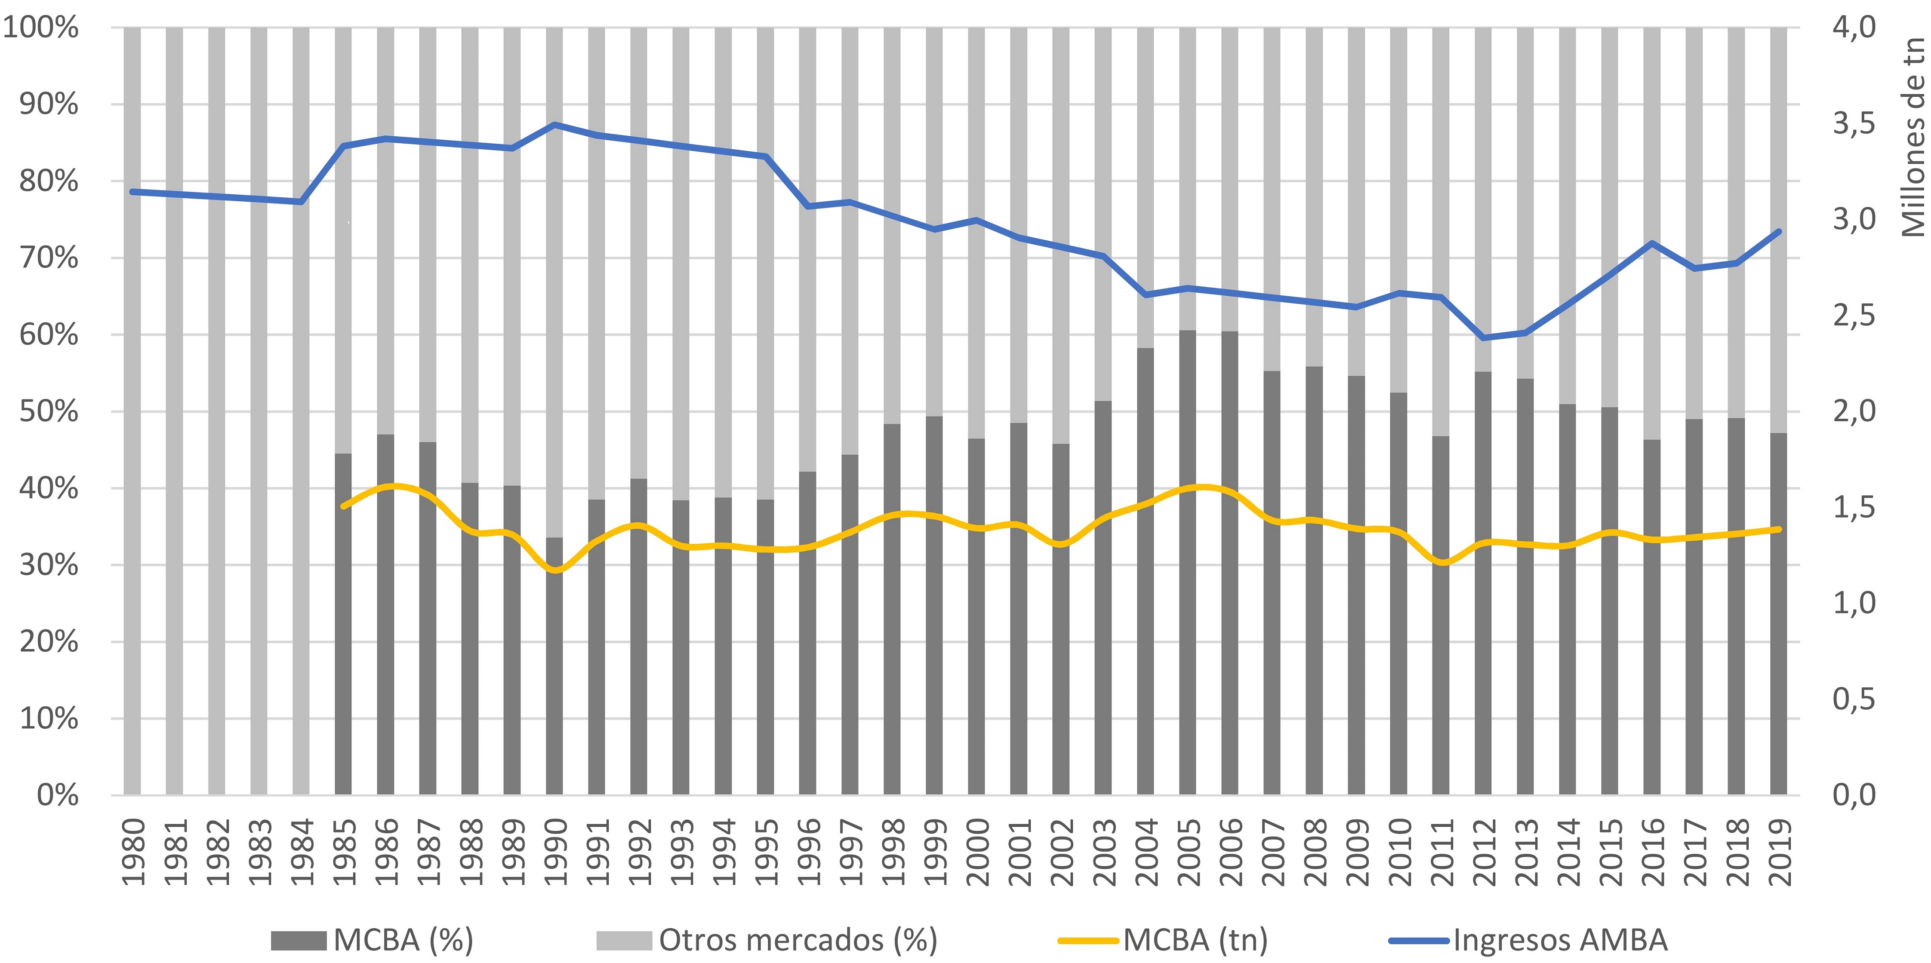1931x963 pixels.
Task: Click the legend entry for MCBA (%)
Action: (373, 940)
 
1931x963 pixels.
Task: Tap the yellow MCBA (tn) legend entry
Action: (1164, 940)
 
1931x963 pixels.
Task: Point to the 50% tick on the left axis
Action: (49, 411)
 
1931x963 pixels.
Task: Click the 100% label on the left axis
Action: (41, 28)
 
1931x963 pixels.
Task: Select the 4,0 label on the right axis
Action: (1854, 28)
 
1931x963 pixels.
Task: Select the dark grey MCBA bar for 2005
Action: (1187, 562)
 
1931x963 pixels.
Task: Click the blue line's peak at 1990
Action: (554, 124)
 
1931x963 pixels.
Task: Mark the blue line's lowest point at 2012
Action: (1483, 338)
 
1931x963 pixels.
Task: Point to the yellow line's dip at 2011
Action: (1441, 562)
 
